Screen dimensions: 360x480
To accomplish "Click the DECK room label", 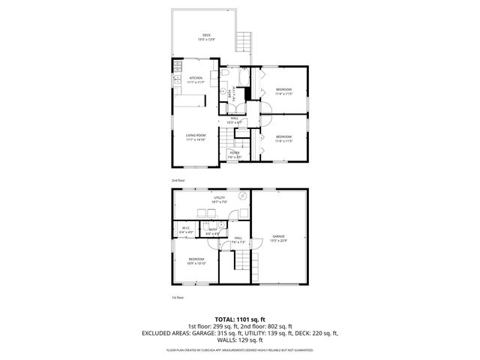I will (x=206, y=37).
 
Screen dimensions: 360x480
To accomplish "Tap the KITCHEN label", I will (x=196, y=79).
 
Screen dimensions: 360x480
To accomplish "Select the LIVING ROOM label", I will (x=196, y=136).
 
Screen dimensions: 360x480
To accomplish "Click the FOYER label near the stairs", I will (x=235, y=154).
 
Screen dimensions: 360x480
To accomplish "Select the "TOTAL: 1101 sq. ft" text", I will (x=239, y=319).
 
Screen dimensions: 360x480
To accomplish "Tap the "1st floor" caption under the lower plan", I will (x=177, y=298).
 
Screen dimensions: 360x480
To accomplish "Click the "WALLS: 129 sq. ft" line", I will (x=239, y=340).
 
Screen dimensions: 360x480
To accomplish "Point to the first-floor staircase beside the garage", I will (x=241, y=262).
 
